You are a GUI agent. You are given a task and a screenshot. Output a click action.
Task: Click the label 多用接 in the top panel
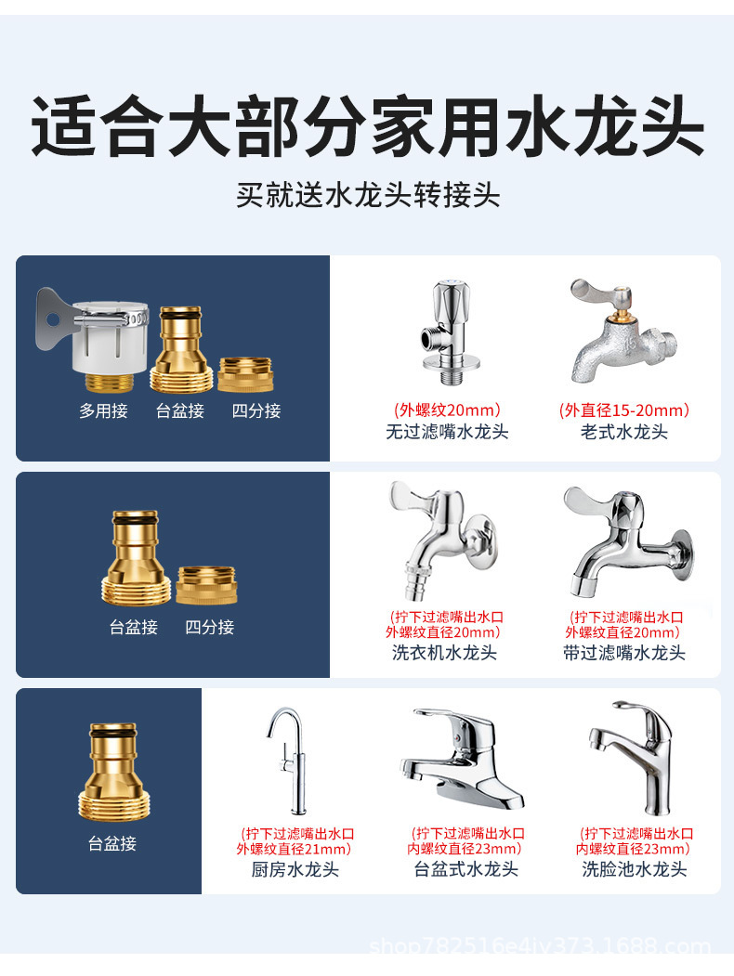pos(103,410)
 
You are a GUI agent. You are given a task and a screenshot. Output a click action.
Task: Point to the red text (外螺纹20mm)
pos(448,410)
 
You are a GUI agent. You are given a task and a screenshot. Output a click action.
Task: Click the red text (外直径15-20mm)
pos(624,410)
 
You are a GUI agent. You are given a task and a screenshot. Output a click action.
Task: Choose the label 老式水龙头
pos(624,432)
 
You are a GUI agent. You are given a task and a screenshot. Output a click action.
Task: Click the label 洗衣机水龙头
pos(444,653)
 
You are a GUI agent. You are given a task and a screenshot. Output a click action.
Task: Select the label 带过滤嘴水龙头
pos(624,653)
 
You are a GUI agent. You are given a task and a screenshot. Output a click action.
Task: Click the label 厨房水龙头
pos(295,870)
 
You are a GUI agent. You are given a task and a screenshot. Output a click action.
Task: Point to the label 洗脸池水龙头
pos(635,870)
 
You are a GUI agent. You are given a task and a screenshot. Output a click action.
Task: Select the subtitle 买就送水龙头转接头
pos(367,195)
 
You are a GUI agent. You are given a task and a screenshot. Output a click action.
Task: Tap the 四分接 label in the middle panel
pos(209,627)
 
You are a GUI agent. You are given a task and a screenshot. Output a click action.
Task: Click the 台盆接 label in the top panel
pos(180,410)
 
